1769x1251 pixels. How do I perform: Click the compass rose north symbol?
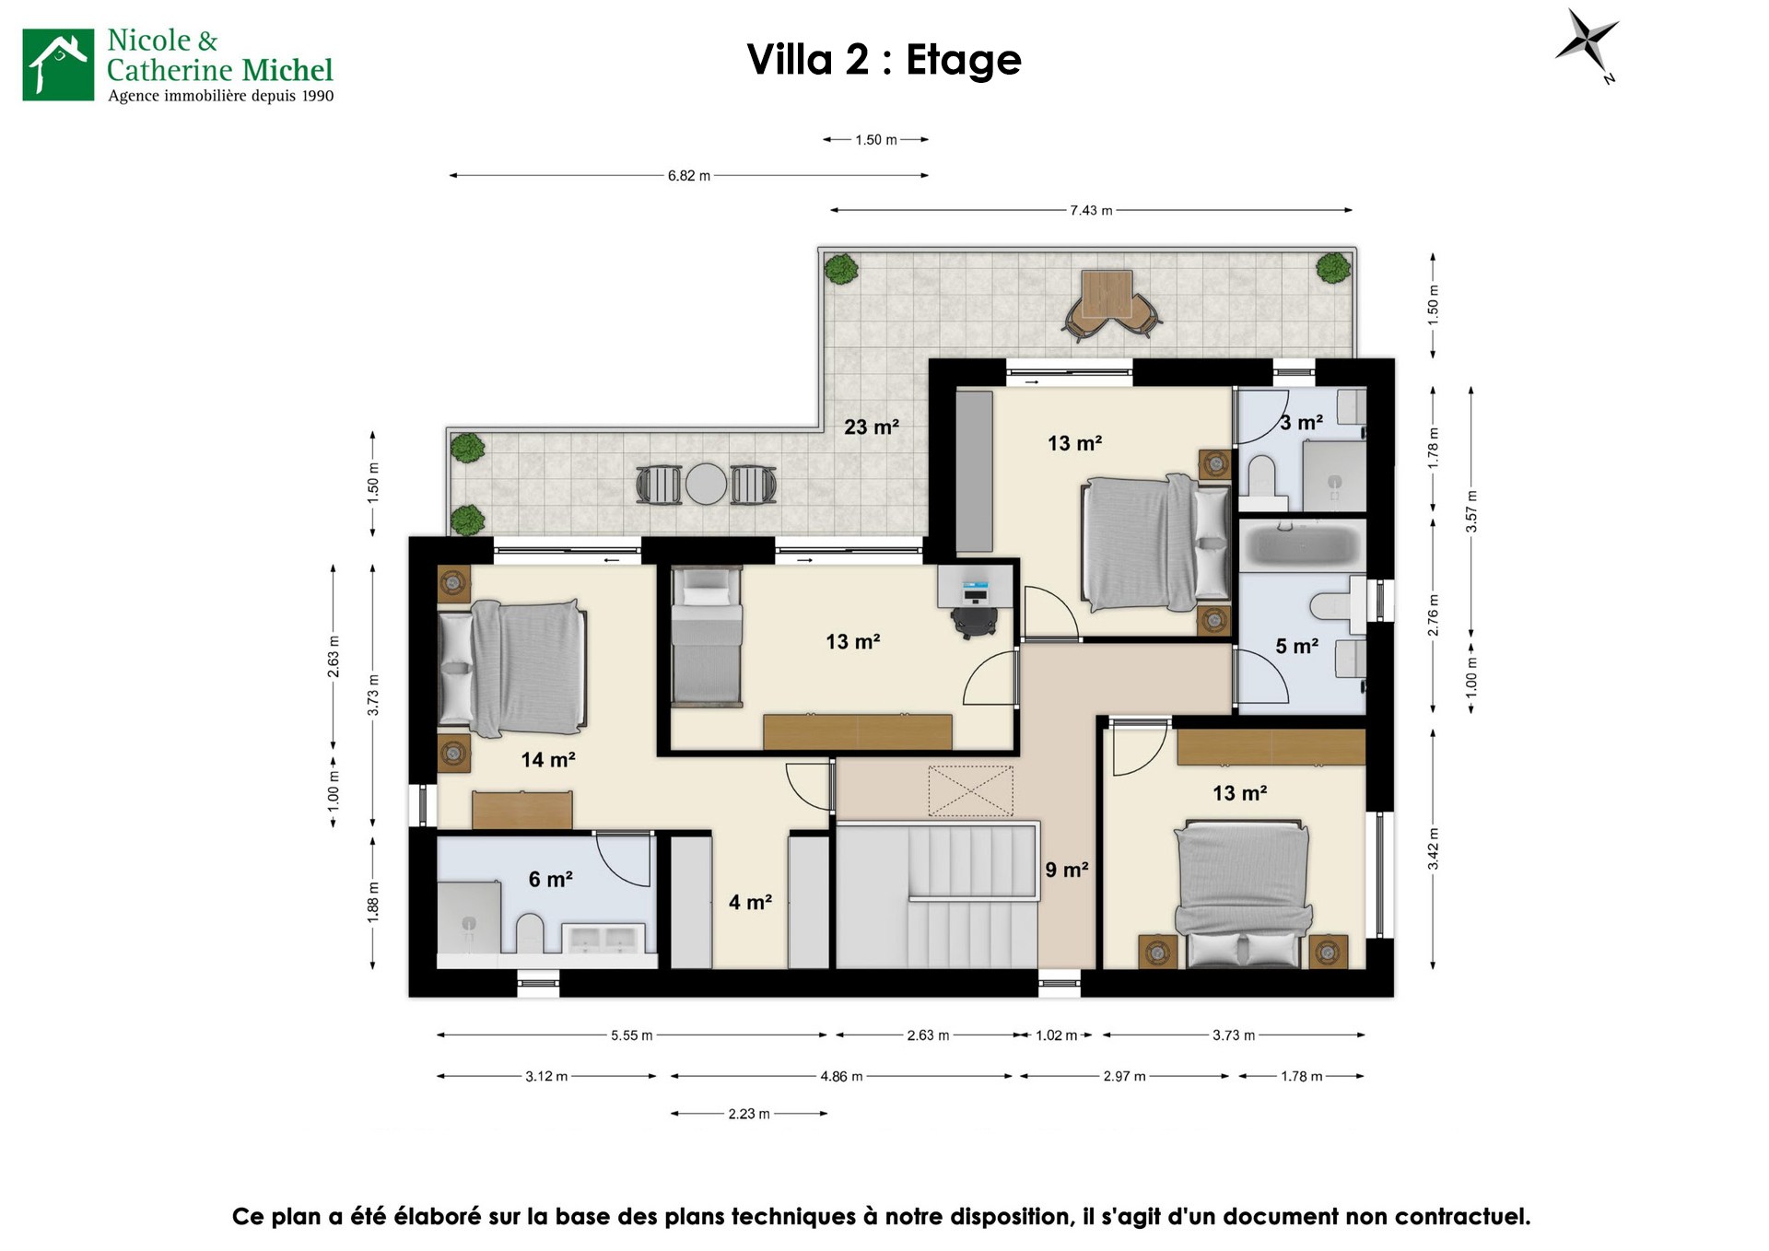[1587, 43]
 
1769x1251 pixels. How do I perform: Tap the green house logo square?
[58, 64]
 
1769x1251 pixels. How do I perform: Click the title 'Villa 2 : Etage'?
[884, 60]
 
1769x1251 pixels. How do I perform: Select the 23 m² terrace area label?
[871, 427]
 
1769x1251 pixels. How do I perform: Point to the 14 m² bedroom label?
[548, 759]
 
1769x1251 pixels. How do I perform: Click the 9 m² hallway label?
[1067, 870]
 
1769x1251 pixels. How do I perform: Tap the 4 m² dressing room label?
[750, 902]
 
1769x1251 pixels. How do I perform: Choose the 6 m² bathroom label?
[550, 879]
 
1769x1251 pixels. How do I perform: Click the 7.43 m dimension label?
[1091, 210]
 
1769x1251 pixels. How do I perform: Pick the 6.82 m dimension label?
[689, 175]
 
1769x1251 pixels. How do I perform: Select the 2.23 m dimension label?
[749, 1114]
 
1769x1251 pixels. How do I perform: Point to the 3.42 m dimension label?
[1433, 848]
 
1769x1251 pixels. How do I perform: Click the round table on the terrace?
[706, 484]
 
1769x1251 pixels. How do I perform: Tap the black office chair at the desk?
[975, 620]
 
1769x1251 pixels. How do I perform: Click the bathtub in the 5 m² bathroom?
[1302, 544]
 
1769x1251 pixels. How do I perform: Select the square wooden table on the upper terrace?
[1107, 293]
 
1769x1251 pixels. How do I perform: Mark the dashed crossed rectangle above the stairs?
[970, 790]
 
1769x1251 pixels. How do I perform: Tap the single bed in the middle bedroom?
[707, 637]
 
